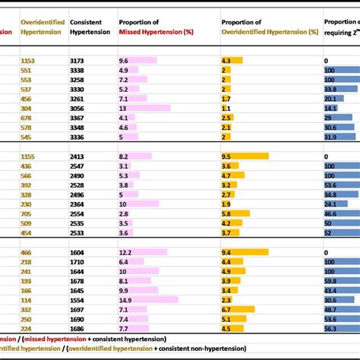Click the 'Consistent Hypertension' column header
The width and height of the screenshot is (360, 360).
(x=84, y=27)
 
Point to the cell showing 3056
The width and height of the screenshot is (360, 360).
(x=78, y=108)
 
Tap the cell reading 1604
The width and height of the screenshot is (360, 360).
(x=78, y=251)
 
